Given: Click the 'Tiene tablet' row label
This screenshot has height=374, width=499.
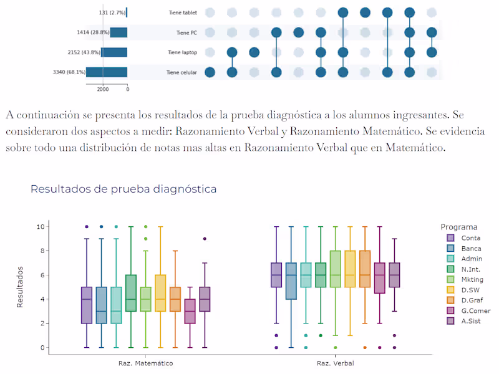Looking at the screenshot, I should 182,12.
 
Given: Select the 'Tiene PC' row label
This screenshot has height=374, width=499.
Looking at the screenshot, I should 187,32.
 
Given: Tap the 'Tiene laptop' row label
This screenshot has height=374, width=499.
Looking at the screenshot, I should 182,52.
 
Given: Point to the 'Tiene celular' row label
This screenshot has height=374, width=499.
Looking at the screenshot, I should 182,72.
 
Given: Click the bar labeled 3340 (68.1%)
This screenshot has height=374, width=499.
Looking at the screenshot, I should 107,72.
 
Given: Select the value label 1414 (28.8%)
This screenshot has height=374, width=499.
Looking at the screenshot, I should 90,32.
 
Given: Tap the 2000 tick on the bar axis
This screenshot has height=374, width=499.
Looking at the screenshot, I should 103,90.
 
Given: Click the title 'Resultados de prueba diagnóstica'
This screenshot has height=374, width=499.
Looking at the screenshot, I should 124,189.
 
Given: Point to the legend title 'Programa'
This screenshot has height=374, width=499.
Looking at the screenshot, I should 459,227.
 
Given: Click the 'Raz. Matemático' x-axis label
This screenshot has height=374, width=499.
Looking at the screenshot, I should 145,363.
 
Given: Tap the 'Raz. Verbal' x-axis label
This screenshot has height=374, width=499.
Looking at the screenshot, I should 336,363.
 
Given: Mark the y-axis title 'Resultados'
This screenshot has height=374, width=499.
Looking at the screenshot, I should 20,287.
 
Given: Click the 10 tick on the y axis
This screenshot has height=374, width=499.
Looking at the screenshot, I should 41,226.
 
